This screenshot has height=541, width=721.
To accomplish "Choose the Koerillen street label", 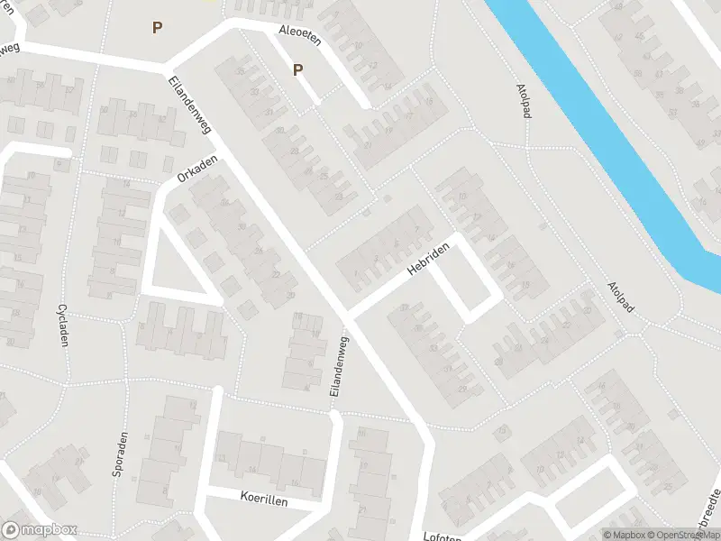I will pos(263,499).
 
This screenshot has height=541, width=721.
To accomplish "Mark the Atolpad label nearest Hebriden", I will pos(621,298).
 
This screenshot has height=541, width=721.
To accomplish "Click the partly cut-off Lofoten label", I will pos(442,536).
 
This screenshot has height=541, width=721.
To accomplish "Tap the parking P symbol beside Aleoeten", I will pos(297,69).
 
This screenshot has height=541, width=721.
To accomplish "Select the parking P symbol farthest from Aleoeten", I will pos(157,28).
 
